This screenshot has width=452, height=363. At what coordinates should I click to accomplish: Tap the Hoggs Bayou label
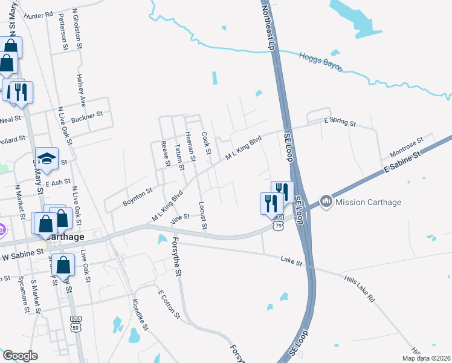point(320,60)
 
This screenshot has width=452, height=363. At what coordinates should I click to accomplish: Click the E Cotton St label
point(169,304)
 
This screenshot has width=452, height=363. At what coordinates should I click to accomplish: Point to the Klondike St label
point(141,313)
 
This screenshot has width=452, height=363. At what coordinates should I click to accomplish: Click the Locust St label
point(203,216)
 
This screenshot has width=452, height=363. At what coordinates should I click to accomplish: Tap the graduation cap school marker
point(47,159)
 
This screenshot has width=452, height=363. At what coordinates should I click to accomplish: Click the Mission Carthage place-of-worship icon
point(327,201)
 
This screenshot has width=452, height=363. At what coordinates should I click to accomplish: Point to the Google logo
point(20,356)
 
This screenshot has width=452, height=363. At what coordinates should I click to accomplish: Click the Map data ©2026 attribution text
point(425,358)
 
